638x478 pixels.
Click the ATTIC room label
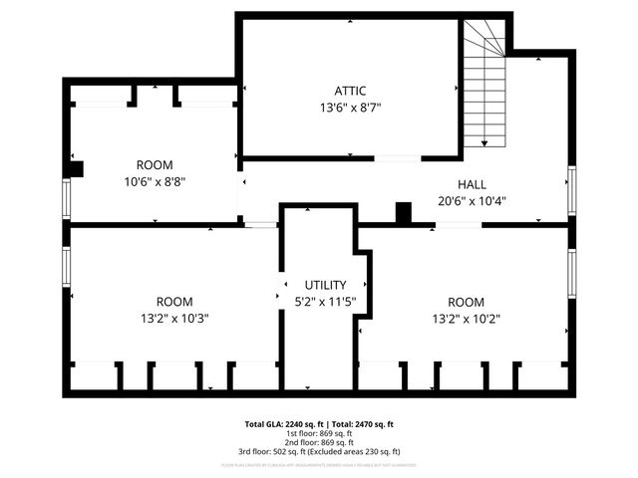coord(350,91)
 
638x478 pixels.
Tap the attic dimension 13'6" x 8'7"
coord(350,107)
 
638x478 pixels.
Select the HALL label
coord(472,184)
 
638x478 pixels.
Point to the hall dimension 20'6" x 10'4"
coord(472,200)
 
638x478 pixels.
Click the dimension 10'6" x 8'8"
coord(155,181)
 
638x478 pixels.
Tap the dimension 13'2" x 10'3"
coord(174,319)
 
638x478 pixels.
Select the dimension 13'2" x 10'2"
coord(467,319)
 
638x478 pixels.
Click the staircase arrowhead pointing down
coord(483,143)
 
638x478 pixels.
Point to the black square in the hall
coord(403,212)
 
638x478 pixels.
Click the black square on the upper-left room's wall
coord(76,168)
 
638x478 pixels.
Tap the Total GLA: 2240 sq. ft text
coord(281,424)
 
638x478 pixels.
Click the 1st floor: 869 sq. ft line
coord(319,433)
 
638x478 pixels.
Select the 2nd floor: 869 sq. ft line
coord(319,442)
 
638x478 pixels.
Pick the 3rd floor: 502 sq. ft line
coord(319,451)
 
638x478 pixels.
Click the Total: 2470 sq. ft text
coord(362,424)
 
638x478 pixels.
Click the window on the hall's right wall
coord(571,191)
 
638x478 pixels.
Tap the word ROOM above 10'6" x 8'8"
coord(155,165)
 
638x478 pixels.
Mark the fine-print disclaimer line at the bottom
coord(319,464)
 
